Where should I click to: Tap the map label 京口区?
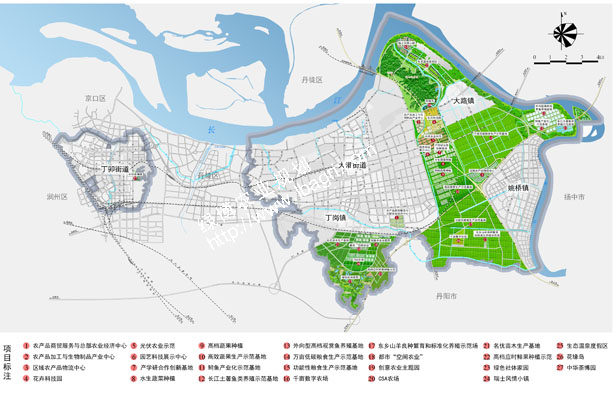tap(96, 98)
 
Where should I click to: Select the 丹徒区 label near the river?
tap(313, 78)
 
